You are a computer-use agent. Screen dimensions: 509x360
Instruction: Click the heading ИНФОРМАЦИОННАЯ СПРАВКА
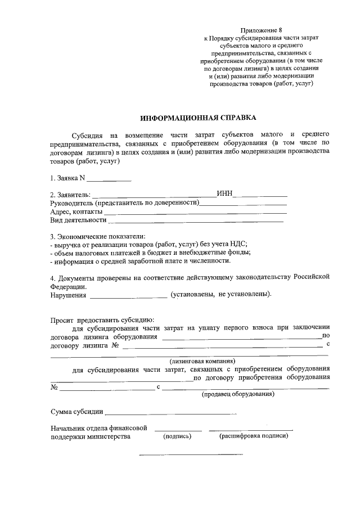(197, 118)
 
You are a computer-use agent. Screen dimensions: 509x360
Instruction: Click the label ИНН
(224, 195)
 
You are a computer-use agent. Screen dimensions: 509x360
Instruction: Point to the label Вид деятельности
(78, 220)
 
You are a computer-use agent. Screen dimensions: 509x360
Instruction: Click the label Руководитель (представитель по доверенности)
(125, 203)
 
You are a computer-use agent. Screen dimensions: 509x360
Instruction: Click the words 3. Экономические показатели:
(97, 236)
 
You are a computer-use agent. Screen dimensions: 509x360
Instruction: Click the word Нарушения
(69, 294)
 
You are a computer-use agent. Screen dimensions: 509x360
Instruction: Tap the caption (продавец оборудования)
(238, 394)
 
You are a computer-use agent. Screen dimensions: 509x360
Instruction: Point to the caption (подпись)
(177, 436)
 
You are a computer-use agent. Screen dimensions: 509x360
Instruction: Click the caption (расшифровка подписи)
(254, 436)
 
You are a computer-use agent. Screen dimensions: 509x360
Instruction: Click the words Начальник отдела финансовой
(98, 428)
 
